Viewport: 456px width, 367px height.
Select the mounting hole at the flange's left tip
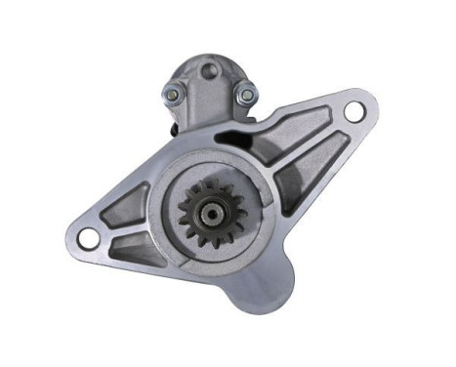coord(87,235)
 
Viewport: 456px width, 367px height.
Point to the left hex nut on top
coord(172,94)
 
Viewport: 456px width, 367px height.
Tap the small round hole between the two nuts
coord(207,71)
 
